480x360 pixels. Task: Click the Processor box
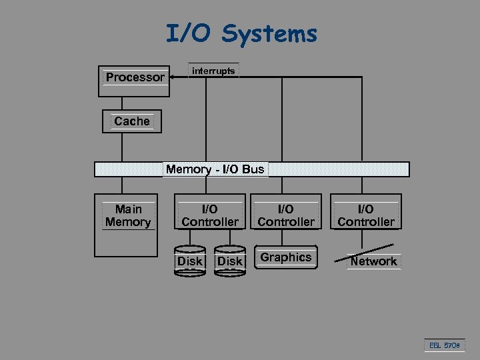pyautogui.click(x=134, y=81)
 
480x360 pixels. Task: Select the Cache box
pyautogui.click(x=131, y=121)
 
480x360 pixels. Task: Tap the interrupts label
pyautogui.click(x=213, y=71)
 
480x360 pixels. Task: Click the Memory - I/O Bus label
pyautogui.click(x=215, y=169)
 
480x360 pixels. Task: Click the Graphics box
pyautogui.click(x=286, y=257)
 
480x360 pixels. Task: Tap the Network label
pyautogui.click(x=373, y=261)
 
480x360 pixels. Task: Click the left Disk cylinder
pyautogui.click(x=189, y=261)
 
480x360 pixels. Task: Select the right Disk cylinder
pyautogui.click(x=230, y=261)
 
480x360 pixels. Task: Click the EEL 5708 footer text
pyautogui.click(x=443, y=345)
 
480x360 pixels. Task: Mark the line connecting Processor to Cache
pyautogui.click(x=121, y=103)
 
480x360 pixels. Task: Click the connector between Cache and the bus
pyautogui.click(x=121, y=147)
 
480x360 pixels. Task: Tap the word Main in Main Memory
pyautogui.click(x=128, y=209)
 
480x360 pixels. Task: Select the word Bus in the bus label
pyautogui.click(x=253, y=169)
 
